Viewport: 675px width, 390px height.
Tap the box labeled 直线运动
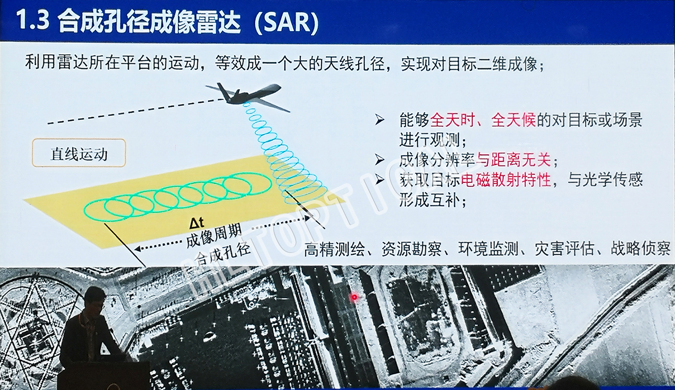79,153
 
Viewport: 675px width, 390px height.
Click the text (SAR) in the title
286,22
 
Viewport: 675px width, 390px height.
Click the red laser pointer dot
354,297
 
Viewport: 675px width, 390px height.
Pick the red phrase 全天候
514,120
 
